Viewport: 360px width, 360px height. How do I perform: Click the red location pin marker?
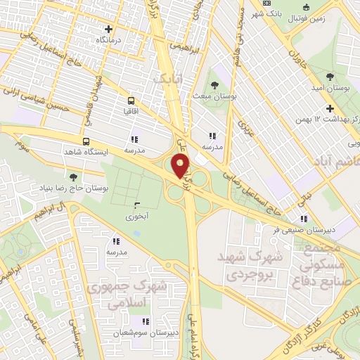(x=181, y=167)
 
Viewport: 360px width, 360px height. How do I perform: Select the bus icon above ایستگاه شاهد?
(x=86, y=141)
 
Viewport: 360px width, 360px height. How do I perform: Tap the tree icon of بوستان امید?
(x=330, y=76)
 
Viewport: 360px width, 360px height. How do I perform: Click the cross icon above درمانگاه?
(x=108, y=30)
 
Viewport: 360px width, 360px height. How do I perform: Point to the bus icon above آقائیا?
(x=131, y=100)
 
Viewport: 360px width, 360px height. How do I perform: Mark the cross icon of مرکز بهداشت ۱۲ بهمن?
(x=329, y=108)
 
